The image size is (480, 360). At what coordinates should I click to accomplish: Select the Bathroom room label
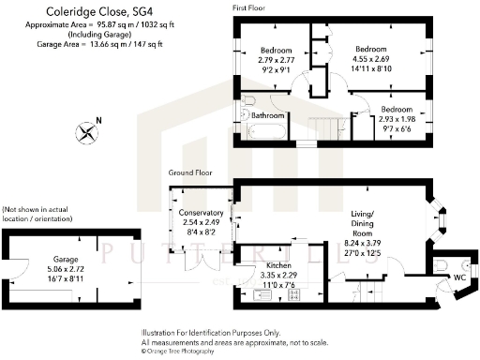click(270, 115)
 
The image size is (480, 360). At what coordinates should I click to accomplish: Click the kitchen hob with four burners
click(292, 295)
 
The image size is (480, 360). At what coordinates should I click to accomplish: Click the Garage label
click(65, 258)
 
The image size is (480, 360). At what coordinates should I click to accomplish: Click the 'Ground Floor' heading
click(190, 173)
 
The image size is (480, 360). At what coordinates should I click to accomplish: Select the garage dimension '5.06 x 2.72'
click(65, 267)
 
